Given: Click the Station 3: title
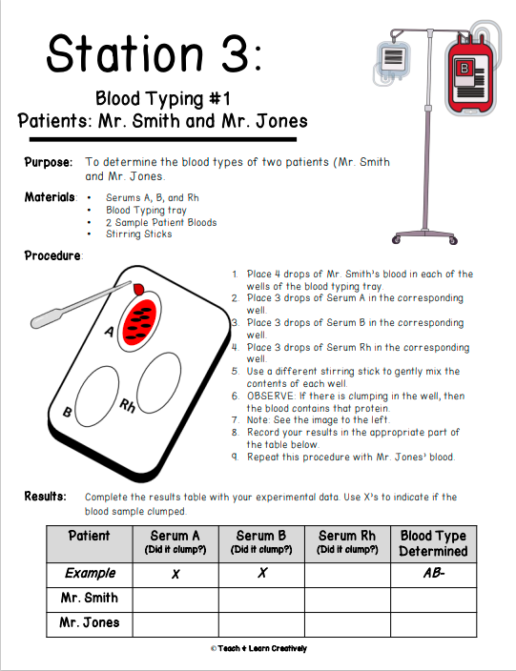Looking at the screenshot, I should point(154,53).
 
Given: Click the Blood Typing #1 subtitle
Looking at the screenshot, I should point(163,98).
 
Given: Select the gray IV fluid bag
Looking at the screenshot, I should point(393,61).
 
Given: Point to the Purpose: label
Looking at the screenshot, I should point(48,163).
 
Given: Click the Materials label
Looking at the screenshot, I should point(50,197).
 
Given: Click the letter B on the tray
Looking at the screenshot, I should point(68,413).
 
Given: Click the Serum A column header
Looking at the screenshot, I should point(175,541).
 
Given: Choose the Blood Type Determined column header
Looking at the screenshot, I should point(433,543).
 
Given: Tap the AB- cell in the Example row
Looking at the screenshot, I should point(433,574).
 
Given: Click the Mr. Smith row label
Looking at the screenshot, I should point(90,599).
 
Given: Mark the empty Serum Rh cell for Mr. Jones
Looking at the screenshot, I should point(347,623).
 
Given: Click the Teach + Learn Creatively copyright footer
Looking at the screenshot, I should point(258,648).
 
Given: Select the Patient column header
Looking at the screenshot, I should point(90,537).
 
